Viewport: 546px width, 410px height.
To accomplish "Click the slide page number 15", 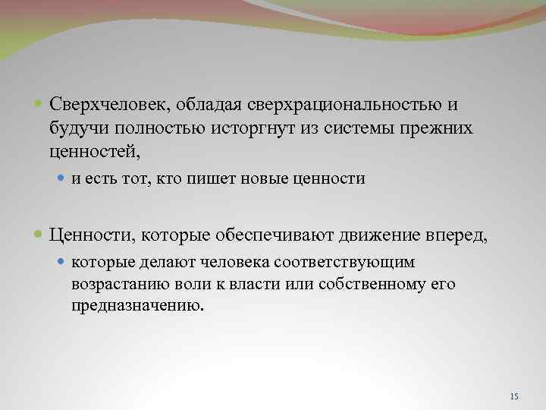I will point(515,397).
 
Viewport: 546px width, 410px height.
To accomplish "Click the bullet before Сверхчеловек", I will point(39,104).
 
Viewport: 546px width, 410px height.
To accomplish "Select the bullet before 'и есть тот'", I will point(61,180).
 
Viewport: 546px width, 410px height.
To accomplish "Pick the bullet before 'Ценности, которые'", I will point(39,235).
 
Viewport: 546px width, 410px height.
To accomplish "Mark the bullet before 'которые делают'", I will point(61,263).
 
